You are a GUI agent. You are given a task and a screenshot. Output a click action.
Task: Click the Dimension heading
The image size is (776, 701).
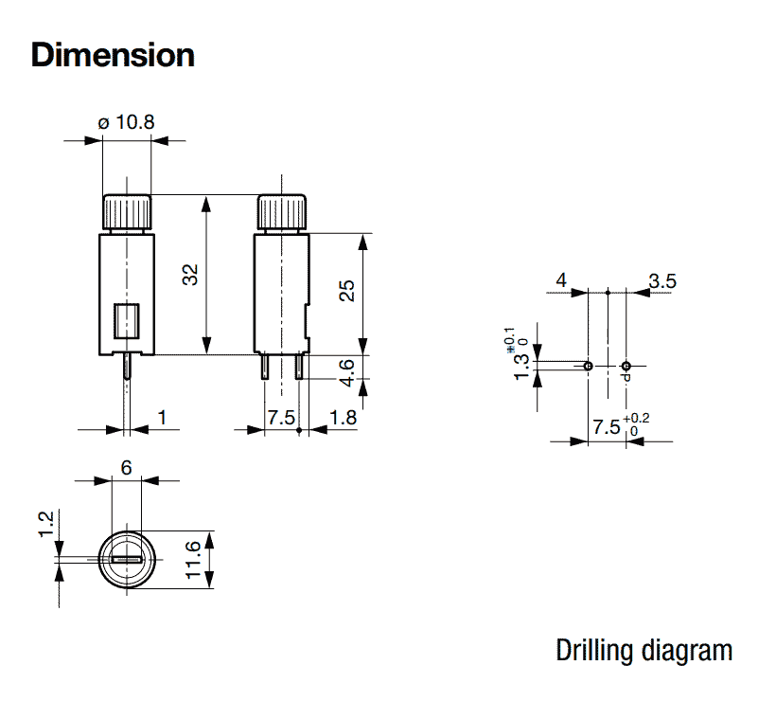click(113, 55)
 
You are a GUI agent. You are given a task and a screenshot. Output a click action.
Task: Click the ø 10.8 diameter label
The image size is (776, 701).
click(126, 122)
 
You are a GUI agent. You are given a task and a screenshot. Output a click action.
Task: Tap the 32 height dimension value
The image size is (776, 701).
click(190, 275)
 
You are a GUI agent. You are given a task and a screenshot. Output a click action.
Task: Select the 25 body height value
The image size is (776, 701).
click(347, 290)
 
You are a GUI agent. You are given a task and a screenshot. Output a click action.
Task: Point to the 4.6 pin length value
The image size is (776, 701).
click(347, 372)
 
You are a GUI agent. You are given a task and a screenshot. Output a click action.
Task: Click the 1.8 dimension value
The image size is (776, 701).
click(343, 418)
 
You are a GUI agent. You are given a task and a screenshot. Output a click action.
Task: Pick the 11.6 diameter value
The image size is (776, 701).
click(193, 560)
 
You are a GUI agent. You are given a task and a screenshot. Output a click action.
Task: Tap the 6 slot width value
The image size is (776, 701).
click(126, 468)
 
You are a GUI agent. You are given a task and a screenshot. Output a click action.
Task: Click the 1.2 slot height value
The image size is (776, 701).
click(45, 524)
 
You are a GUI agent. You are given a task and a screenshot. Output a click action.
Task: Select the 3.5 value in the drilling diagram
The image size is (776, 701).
click(662, 281)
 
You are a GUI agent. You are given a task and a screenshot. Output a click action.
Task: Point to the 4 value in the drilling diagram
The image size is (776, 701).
click(561, 280)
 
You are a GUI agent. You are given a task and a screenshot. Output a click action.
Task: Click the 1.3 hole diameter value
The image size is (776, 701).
click(521, 368)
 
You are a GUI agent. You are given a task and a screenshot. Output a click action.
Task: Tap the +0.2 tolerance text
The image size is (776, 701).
click(636, 419)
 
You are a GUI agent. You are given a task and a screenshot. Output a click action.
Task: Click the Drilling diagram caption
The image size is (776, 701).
click(644, 651)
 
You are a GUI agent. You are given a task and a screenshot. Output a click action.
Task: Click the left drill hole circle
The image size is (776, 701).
click(588, 366)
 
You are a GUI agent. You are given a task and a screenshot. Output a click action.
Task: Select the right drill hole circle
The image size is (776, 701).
click(626, 366)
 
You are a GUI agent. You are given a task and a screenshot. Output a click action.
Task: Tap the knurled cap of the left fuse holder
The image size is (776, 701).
click(127, 212)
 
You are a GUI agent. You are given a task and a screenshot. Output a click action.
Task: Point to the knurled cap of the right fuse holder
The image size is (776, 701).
click(282, 212)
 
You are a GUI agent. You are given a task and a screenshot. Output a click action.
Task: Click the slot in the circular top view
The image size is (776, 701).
click(127, 559)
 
